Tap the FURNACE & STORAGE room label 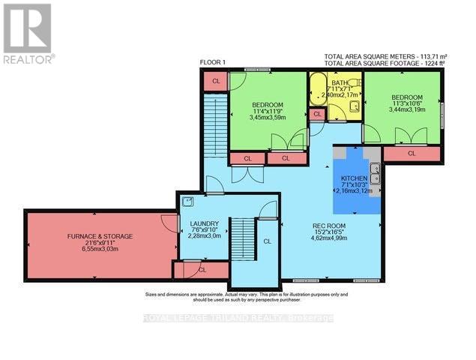[x=100, y=236]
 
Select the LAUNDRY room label [x=205, y=223]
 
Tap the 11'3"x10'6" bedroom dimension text [x=408, y=104]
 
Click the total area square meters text [x=384, y=56]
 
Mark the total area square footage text [x=384, y=63]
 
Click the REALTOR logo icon [x=27, y=31]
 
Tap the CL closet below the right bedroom [x=412, y=154]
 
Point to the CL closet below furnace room [x=201, y=268]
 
